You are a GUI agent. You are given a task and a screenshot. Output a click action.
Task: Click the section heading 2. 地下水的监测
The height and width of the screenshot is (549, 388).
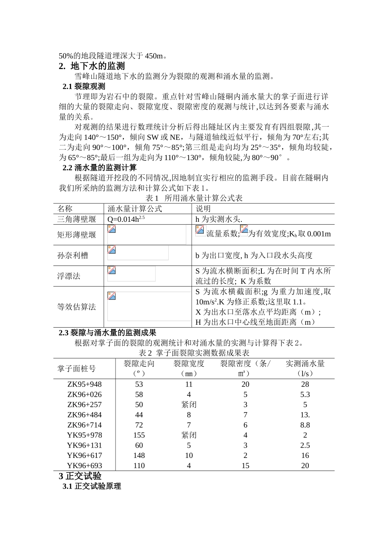92,66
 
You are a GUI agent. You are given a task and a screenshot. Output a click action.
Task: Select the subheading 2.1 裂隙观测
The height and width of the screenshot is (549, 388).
84,87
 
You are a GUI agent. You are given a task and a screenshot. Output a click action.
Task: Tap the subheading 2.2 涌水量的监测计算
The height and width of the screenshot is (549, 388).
99,168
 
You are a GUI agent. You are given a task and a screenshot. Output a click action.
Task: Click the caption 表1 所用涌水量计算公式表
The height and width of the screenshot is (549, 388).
194,198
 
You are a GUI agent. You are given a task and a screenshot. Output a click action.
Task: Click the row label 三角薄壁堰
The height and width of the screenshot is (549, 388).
77,219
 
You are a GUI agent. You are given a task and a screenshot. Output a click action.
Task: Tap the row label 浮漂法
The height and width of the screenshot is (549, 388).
69,276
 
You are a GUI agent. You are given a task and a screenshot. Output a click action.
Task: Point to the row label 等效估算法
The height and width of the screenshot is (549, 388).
77,307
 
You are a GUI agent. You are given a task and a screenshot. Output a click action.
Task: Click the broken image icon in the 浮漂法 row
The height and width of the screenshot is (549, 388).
111,270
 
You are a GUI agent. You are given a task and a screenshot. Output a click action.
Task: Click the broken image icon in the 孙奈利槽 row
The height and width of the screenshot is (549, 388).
111,250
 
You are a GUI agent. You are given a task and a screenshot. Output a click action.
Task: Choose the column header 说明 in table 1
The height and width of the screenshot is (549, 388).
203,209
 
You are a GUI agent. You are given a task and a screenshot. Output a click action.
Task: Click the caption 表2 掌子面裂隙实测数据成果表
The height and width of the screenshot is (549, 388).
194,353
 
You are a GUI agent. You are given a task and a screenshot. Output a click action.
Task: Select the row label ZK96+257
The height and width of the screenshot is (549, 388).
85,405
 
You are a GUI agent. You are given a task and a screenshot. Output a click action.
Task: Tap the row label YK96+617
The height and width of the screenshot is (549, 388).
85,455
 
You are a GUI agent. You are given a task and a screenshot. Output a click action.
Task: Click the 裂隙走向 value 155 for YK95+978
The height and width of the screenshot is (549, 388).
139,435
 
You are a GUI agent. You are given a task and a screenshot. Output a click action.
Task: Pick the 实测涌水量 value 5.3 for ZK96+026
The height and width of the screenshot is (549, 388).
305,395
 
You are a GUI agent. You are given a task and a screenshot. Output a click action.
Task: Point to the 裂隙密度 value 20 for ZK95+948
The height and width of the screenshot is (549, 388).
245,384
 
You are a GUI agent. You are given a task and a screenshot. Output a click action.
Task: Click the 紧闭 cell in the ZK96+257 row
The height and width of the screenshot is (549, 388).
189,405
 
